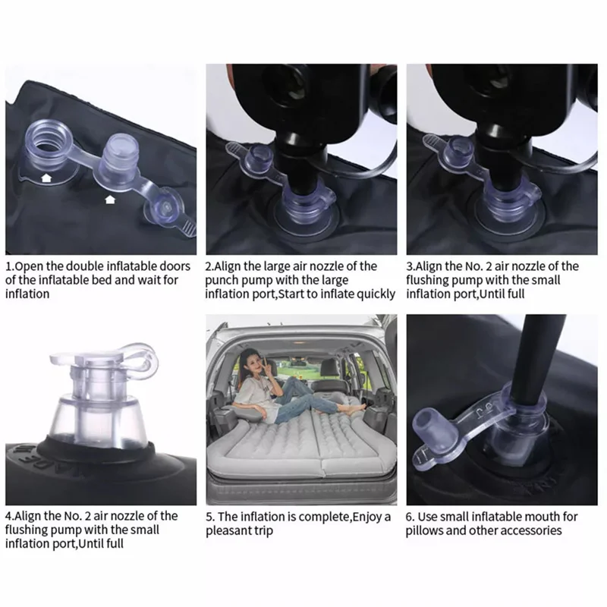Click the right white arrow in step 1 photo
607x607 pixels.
point(111,200)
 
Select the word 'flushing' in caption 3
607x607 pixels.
point(432,280)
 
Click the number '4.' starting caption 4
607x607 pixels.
point(11,516)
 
